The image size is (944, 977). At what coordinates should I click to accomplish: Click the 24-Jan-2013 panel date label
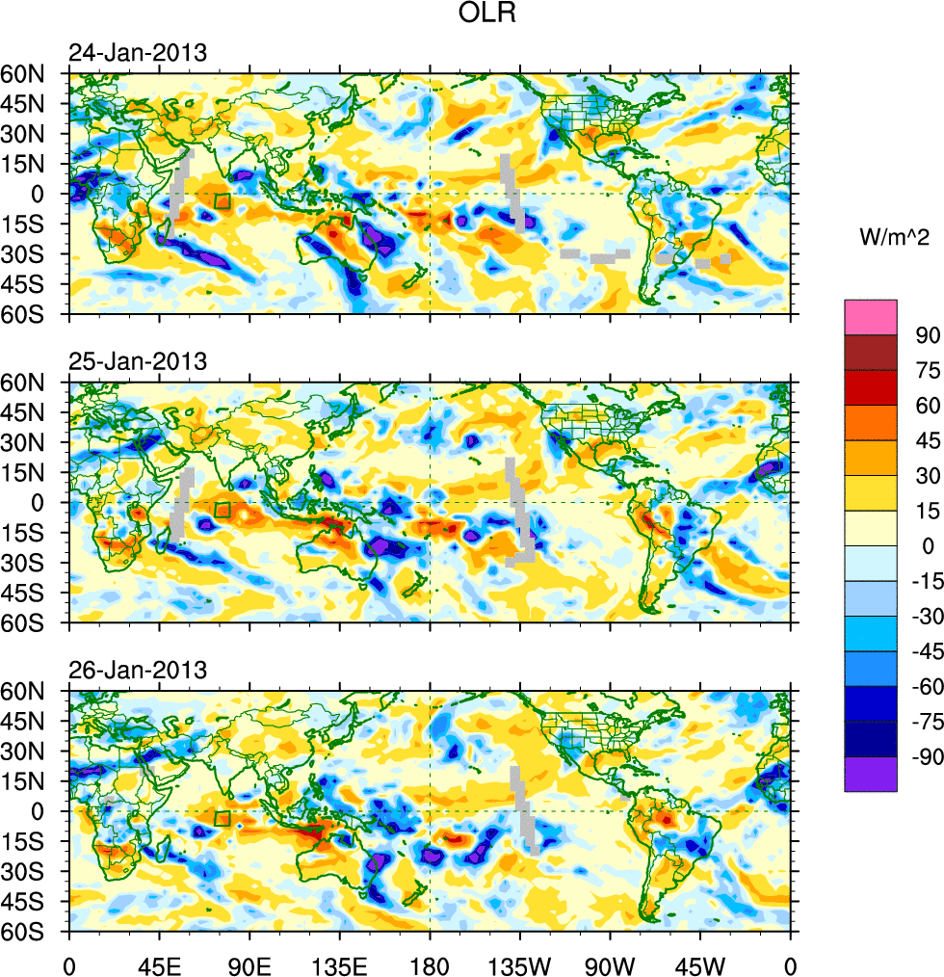click(x=137, y=53)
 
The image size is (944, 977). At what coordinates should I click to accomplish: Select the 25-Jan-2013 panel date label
click(x=137, y=362)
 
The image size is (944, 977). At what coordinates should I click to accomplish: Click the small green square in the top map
click(x=223, y=201)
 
